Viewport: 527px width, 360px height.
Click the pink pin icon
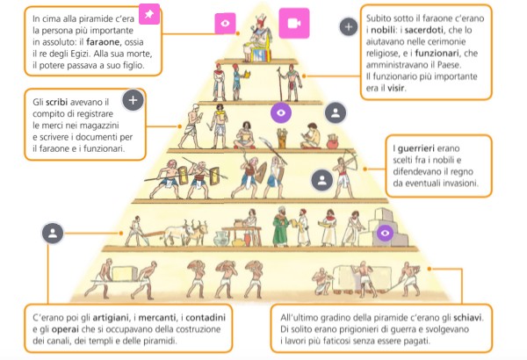[x=150, y=15]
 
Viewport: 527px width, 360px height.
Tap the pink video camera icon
[x=291, y=21]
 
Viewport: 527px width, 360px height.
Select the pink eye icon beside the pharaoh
[x=226, y=23]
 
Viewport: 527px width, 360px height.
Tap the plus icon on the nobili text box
[x=349, y=28]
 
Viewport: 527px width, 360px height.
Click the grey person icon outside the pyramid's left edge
[x=53, y=233]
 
